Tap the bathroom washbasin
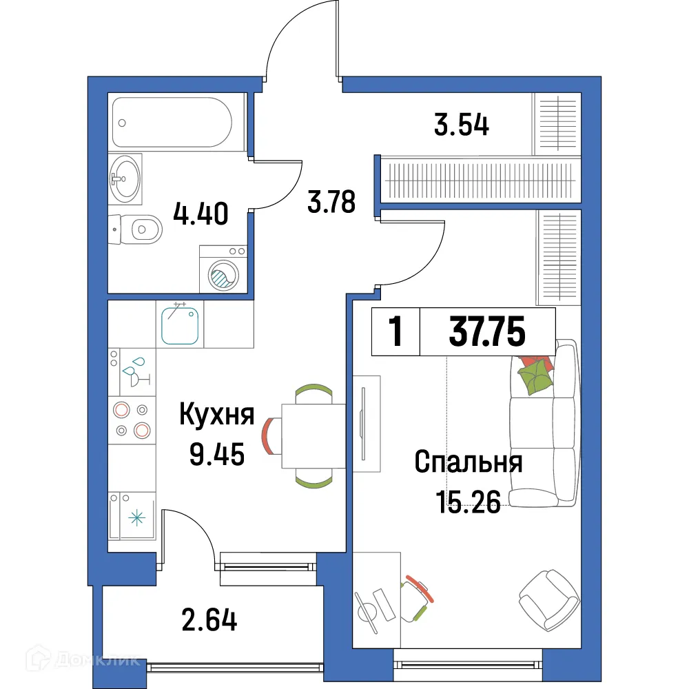124,178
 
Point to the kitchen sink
181,325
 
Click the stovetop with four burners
132,420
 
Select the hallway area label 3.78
331,203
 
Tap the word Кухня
216,416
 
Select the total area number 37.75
487,332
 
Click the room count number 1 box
395,332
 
